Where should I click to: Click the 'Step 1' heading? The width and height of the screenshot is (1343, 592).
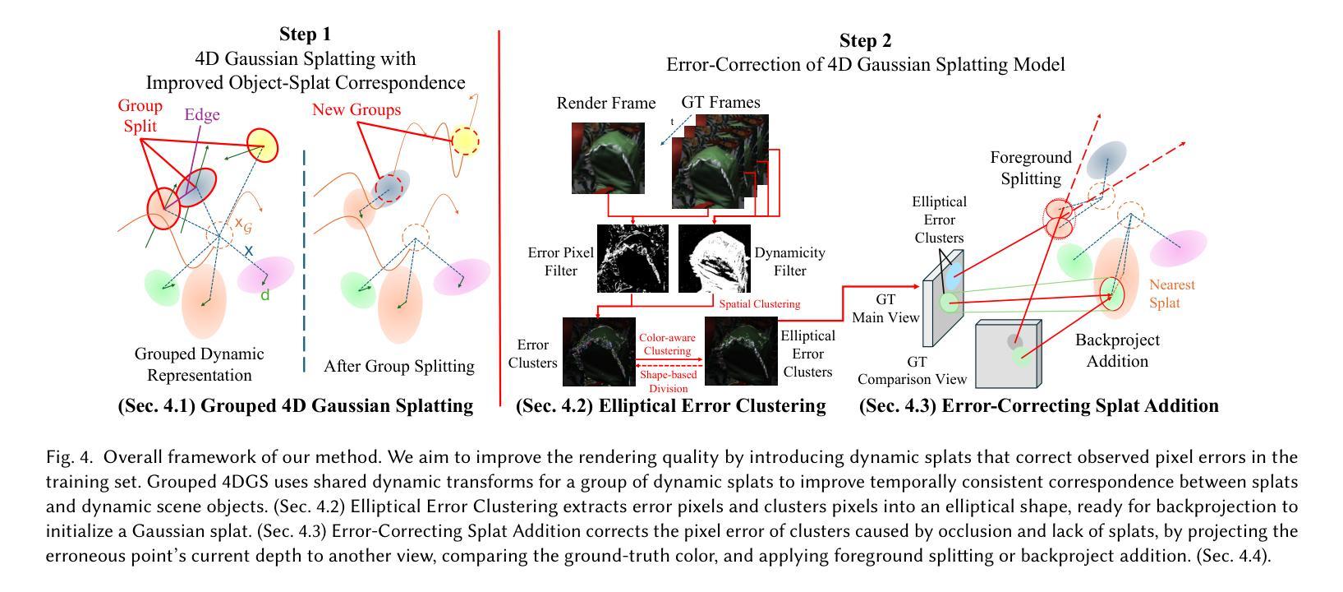305,34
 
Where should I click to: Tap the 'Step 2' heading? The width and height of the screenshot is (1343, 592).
864,41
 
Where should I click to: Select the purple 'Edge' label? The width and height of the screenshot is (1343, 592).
201,115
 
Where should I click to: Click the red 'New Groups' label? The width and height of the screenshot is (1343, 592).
356,109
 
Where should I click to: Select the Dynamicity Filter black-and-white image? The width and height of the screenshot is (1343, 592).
714,258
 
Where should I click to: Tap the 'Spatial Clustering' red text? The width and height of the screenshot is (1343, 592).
759,303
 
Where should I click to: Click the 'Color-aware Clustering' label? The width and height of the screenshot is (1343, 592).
667,345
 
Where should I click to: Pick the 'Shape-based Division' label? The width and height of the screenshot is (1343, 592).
668,382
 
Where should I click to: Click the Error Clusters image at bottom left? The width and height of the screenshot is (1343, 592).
598,351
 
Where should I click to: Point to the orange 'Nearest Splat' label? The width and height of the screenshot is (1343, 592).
1171,294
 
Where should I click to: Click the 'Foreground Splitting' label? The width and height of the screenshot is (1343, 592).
1031,168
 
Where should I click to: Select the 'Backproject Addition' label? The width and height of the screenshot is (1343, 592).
1116,350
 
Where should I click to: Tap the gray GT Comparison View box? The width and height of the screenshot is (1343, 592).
1008,354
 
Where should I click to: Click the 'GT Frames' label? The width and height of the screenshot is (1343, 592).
720,103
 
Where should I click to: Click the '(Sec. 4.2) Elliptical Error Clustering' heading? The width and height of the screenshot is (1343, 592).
670,405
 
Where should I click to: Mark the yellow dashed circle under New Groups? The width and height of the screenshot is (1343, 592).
465,141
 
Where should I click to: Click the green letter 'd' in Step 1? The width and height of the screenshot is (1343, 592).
264,295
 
